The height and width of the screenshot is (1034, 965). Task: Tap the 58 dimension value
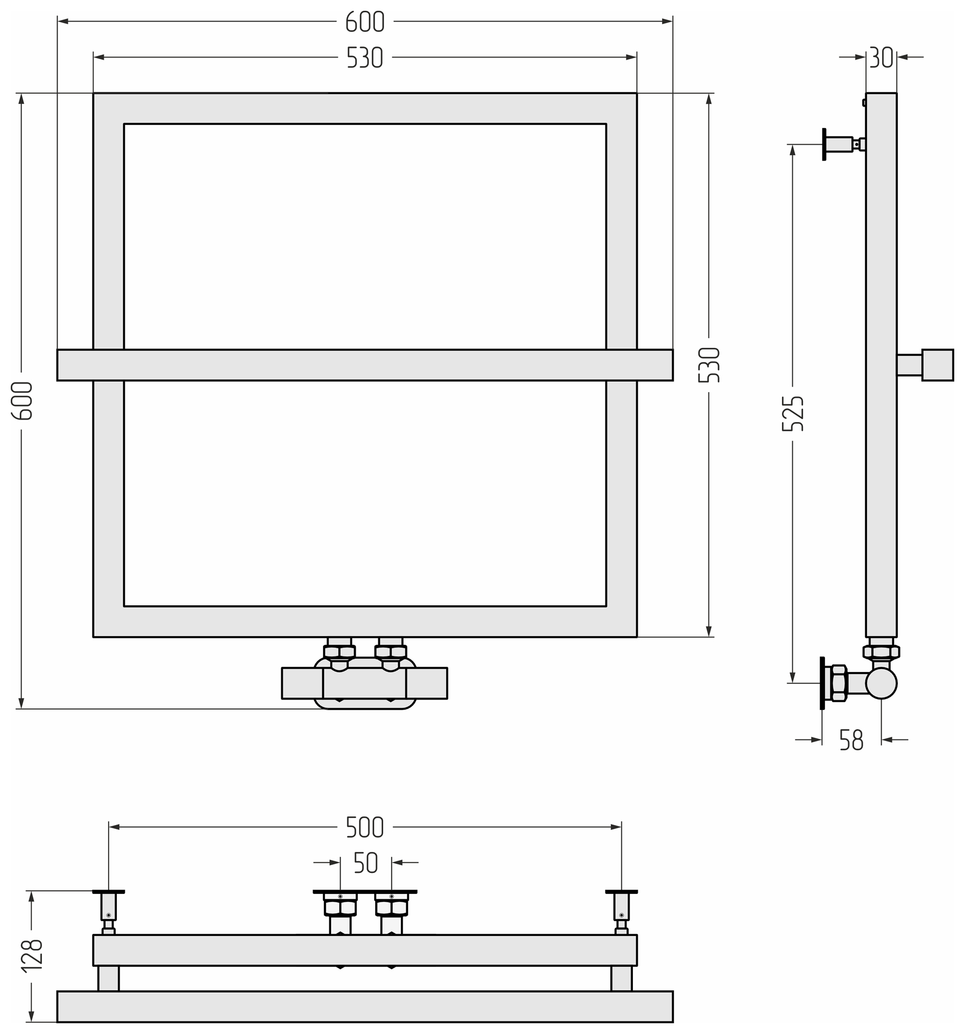(x=851, y=740)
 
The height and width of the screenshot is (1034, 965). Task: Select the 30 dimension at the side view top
(x=881, y=57)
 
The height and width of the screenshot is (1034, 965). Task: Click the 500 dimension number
(x=364, y=827)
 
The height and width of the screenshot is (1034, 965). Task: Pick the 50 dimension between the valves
(x=366, y=863)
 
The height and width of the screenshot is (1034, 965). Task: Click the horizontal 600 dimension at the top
(x=364, y=22)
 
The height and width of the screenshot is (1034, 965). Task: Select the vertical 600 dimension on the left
(x=22, y=401)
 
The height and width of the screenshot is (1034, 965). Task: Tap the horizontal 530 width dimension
(x=364, y=58)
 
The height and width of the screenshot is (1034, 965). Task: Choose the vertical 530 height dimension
(x=709, y=365)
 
